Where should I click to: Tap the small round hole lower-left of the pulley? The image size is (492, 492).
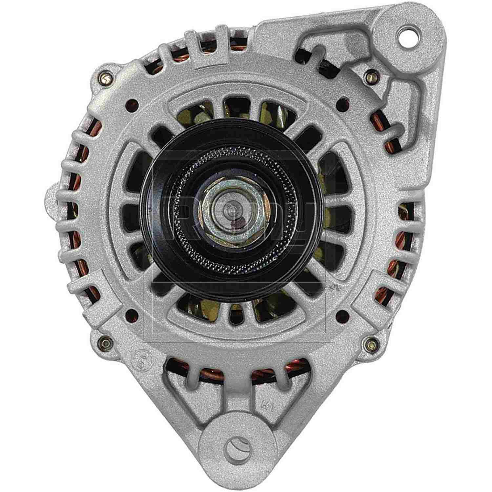pyautogui.click(x=132, y=314)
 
